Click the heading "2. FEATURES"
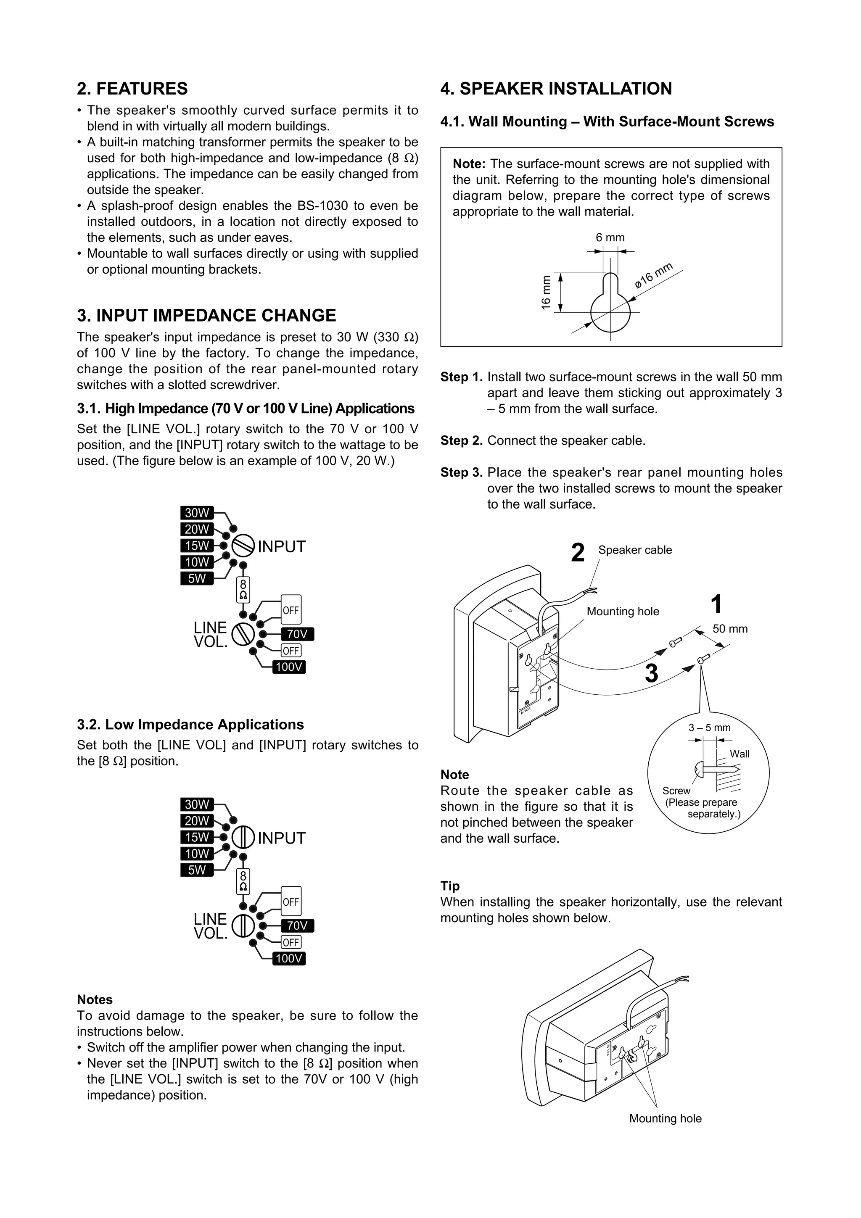[x=132, y=89]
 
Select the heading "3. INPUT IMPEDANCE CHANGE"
[x=206, y=316]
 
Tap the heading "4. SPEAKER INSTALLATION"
[x=556, y=89]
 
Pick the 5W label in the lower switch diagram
[x=197, y=870]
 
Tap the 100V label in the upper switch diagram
[x=289, y=667]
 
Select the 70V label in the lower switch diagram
[x=297, y=926]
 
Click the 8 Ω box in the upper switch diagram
[x=243, y=589]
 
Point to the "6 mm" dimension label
[x=610, y=237]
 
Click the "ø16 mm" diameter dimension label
[x=654, y=276]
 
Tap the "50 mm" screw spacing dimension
[x=730, y=629]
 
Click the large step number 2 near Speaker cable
[x=578, y=553]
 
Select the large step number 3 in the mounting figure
[x=652, y=674]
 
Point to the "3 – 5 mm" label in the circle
[x=709, y=728]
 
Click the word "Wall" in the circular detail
[x=740, y=754]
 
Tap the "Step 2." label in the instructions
[x=461, y=441]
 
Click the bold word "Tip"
[x=450, y=886]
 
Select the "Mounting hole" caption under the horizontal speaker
[x=665, y=1119]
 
